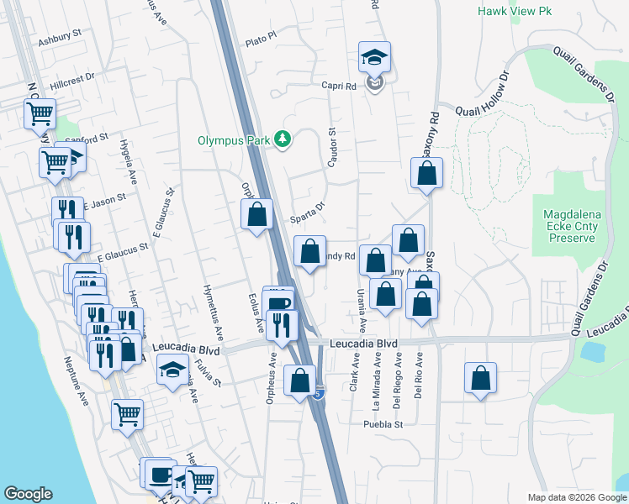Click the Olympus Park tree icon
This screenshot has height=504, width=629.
point(284,139)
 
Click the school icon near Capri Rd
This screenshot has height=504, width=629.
point(374,57)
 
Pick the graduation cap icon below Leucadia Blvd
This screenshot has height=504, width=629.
point(173,370)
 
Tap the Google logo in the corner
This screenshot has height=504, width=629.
point(28,494)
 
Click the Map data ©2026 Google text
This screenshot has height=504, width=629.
point(577,497)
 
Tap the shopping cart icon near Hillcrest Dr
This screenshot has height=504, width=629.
point(40,113)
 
